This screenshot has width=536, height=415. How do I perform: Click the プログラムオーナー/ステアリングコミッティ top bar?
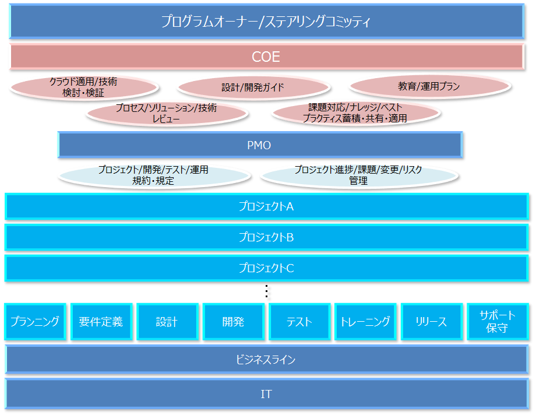click(x=266, y=22)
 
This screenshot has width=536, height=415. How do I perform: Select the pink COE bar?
click(x=266, y=57)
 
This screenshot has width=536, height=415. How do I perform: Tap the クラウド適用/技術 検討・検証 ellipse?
click(x=83, y=87)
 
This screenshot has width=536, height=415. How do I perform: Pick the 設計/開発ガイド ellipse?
click(x=253, y=87)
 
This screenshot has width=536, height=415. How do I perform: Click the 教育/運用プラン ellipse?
click(x=429, y=87)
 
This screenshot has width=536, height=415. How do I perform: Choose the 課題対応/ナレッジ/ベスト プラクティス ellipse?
click(x=354, y=113)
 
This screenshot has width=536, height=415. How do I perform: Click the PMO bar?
click(x=259, y=145)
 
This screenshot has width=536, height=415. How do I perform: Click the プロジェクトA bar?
click(x=266, y=206)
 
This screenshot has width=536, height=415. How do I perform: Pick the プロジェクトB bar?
click(x=266, y=237)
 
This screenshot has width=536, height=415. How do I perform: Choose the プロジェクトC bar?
click(x=266, y=268)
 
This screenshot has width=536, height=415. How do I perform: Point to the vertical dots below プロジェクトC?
click(x=266, y=291)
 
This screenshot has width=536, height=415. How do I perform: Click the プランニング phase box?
click(x=35, y=321)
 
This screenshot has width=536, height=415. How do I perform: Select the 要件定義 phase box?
click(x=101, y=321)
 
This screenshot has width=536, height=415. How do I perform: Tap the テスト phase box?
click(x=299, y=321)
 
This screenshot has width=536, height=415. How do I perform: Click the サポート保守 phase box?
click(x=497, y=321)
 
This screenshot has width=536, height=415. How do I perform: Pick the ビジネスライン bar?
click(x=266, y=360)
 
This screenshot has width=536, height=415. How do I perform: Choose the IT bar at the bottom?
click(x=266, y=394)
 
